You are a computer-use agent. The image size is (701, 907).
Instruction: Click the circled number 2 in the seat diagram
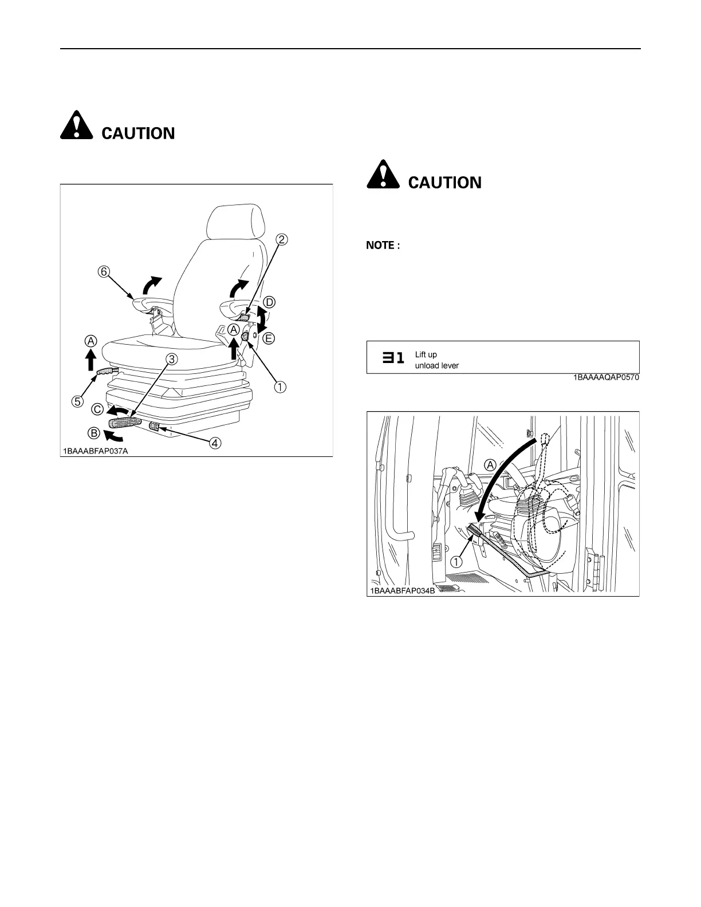tap(281, 239)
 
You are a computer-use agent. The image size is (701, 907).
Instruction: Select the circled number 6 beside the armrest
tap(104, 272)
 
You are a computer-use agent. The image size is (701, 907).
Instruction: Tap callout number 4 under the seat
tap(215, 443)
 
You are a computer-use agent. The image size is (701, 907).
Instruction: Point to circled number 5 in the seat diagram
tap(76, 400)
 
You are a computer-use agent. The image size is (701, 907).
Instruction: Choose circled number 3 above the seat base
tap(171, 359)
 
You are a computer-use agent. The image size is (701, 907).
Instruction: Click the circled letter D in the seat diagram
tap(269, 302)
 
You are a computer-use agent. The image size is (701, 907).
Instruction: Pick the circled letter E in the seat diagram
tap(267, 338)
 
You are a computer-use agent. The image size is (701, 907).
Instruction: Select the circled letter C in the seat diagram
tap(97, 410)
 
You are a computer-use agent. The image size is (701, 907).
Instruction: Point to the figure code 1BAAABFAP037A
tap(96, 451)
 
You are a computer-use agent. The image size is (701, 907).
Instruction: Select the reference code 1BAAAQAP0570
tap(606, 378)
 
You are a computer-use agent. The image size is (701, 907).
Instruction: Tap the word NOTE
tap(380, 246)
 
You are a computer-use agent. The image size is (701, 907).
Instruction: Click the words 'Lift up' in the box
tap(426, 354)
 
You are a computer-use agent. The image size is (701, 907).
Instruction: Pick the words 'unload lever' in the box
tap(436, 365)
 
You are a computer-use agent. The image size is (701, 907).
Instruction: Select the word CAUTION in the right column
tap(444, 183)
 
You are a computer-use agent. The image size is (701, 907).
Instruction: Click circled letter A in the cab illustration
tap(490, 465)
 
